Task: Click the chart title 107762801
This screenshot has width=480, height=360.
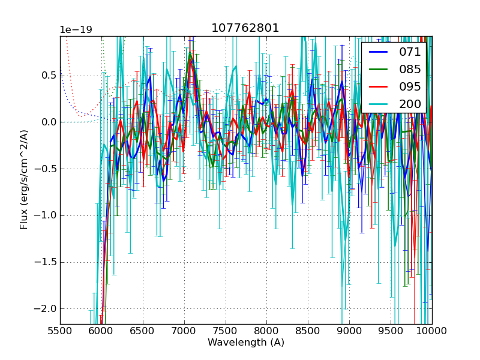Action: (245, 28)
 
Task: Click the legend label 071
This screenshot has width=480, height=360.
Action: (410, 52)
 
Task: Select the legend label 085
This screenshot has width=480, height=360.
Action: (410, 70)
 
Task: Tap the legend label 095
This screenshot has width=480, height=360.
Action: (410, 86)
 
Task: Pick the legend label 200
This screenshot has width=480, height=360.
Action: (410, 104)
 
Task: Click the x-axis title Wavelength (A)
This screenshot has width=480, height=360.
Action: (246, 343)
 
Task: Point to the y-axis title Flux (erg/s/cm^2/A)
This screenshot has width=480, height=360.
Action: (24, 179)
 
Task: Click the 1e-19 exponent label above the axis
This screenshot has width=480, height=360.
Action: (76, 30)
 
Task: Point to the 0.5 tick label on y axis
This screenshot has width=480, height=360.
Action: (48, 76)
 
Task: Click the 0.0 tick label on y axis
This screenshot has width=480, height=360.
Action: (48, 122)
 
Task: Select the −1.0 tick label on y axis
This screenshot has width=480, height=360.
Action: (44, 215)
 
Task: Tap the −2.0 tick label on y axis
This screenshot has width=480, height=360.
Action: (44, 308)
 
